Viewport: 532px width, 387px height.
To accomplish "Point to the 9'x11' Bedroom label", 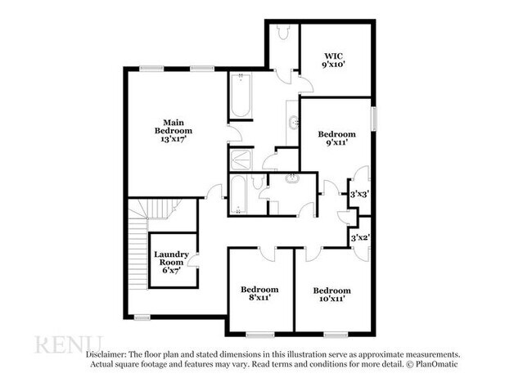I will (x=336, y=134).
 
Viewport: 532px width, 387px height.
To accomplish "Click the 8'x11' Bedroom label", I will (x=259, y=290).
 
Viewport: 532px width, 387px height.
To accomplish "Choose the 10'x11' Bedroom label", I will (x=331, y=290).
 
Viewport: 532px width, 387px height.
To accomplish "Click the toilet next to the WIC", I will (x=283, y=31).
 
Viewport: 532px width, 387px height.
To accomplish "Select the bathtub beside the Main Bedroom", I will (x=240, y=93).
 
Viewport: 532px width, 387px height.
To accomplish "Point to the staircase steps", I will (x=136, y=245).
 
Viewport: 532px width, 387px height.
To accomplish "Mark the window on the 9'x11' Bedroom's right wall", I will (x=375, y=118).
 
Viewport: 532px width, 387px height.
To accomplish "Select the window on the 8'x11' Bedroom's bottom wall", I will (x=260, y=334).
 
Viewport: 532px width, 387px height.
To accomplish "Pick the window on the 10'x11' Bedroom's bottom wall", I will (x=336, y=334).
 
